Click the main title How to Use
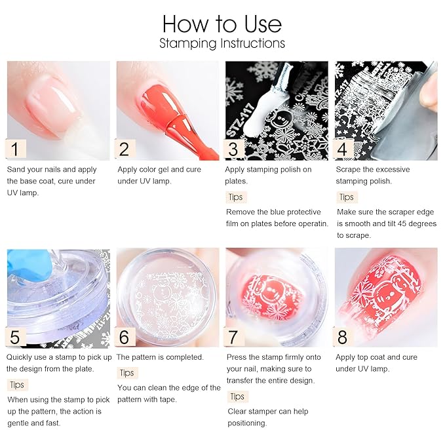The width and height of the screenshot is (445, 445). (222, 24)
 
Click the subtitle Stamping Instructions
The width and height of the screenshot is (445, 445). (222, 44)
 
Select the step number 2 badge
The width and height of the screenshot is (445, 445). (126, 149)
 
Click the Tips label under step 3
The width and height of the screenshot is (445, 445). (236, 197)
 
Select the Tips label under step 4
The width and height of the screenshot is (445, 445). (346, 197)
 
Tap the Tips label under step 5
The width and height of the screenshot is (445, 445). (18, 384)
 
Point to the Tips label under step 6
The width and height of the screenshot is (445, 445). (127, 372)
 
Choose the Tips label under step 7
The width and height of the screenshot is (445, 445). (237, 396)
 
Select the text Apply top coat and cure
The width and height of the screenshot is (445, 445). (376, 357)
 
